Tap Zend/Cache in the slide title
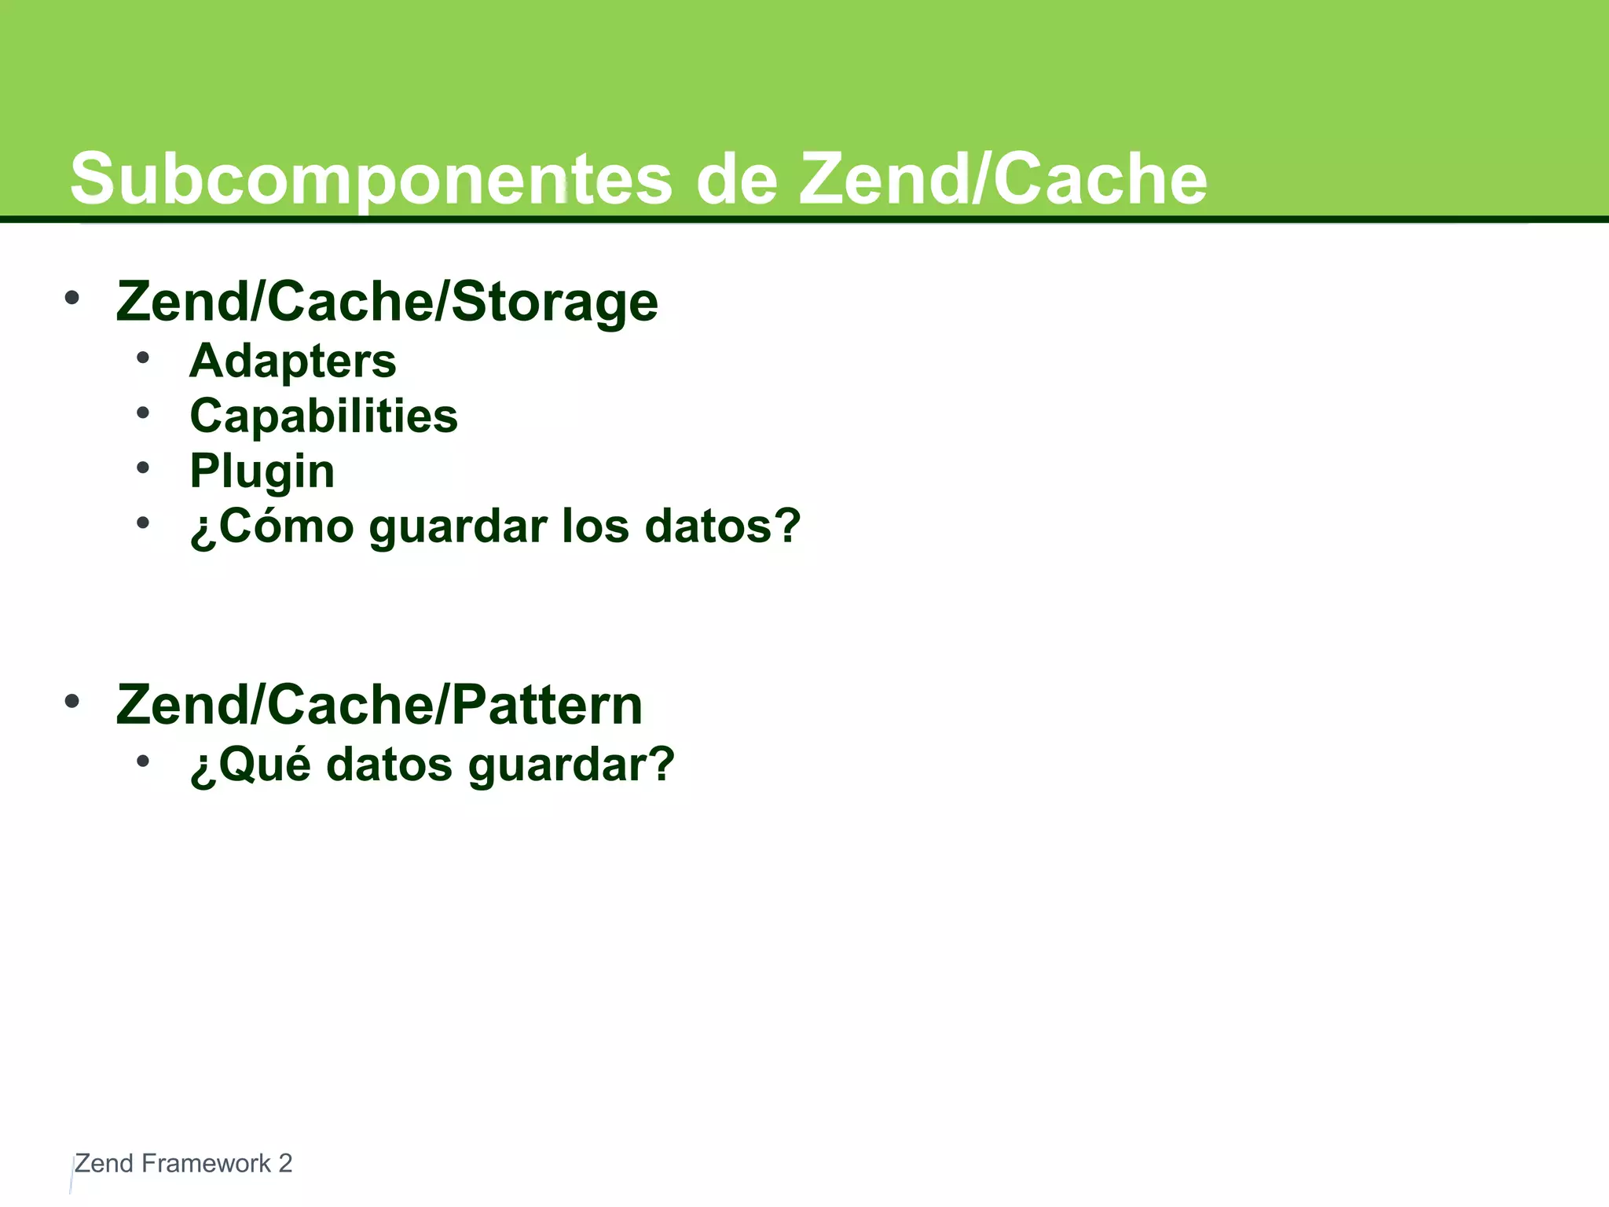pyautogui.click(x=1003, y=179)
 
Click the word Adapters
pyautogui.click(x=293, y=361)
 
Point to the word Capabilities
pyautogui.click(x=324, y=416)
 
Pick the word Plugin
pyautogui.click(x=262, y=471)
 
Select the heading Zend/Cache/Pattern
pyautogui.click(x=379, y=704)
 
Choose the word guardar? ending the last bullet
pyautogui.click(x=571, y=765)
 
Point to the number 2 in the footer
pyautogui.click(x=285, y=1164)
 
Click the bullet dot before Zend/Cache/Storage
pyautogui.click(x=72, y=298)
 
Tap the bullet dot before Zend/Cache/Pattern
pyautogui.click(x=72, y=701)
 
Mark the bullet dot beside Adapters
pyautogui.click(x=142, y=358)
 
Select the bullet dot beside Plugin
pyautogui.click(x=142, y=468)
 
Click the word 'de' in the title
pyautogui.click(x=736, y=179)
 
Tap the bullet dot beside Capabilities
pyautogui.click(x=142, y=413)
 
